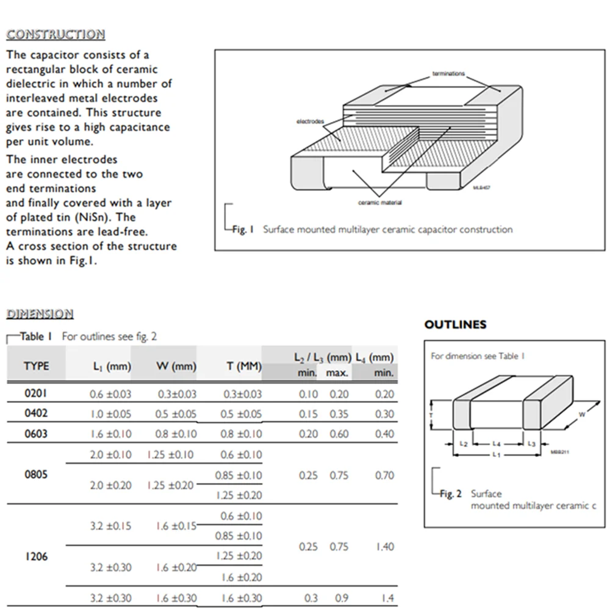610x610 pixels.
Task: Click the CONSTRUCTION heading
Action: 56,34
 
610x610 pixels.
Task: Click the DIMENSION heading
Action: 40,314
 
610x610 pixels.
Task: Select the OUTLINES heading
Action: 455,325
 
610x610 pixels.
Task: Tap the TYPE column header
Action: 37,366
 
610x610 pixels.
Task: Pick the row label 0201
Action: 35,393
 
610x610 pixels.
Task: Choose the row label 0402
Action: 35,413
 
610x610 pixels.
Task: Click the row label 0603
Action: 35,434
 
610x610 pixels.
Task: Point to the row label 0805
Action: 35,475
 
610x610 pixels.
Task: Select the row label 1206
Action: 35,556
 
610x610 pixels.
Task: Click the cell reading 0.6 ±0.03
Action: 110,394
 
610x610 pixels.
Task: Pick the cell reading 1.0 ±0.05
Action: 110,414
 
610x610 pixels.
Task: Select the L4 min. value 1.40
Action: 384,547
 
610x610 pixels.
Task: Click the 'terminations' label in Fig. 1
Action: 448,74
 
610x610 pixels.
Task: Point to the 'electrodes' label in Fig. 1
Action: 310,122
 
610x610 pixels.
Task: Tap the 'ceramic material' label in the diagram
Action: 379,203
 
